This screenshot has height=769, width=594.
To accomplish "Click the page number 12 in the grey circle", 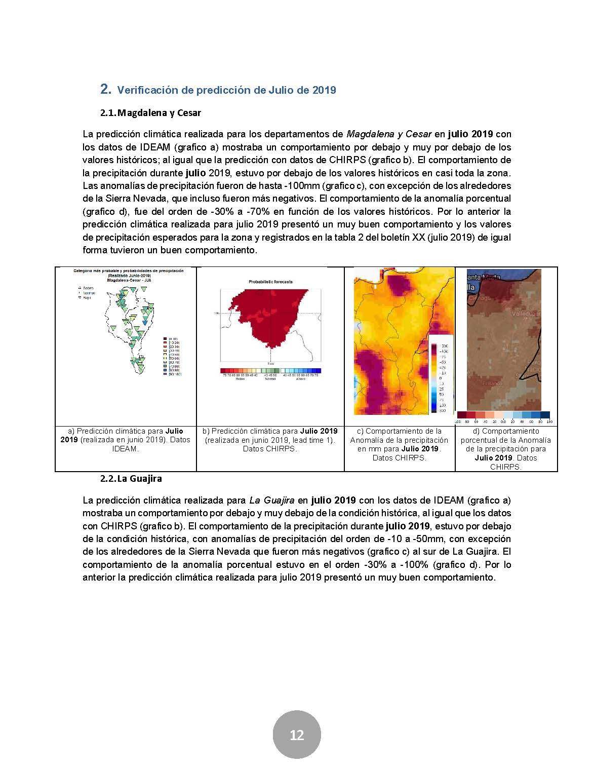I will click(297, 735).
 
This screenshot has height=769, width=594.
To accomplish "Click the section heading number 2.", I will click(105, 90).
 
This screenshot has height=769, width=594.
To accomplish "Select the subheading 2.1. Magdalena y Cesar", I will click(150, 113).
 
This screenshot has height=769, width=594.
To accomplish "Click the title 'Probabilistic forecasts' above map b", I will click(271, 281).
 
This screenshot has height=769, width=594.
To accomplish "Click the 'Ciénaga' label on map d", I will click(479, 298).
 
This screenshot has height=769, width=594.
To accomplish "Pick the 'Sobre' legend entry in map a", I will click(88, 288).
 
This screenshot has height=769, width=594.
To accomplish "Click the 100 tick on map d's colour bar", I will click(549, 421).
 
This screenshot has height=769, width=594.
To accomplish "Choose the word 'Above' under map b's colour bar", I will click(301, 379).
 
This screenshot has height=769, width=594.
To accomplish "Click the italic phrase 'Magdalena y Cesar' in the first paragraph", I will click(389, 134).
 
